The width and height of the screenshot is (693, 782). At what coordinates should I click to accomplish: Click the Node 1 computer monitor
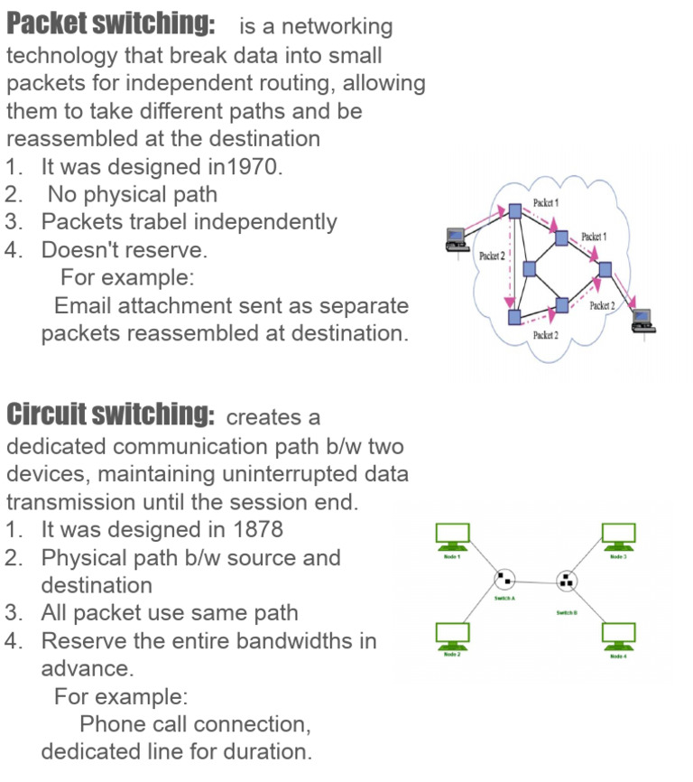[x=452, y=535]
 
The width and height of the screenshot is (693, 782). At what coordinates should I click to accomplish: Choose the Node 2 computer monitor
[x=452, y=633]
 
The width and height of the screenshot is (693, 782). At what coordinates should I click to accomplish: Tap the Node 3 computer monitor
[x=618, y=535]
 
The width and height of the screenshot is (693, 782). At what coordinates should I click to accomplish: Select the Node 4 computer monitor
[x=618, y=634]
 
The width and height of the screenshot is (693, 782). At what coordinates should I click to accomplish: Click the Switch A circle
[x=504, y=579]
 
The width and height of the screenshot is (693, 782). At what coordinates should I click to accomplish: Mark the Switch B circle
[x=566, y=580]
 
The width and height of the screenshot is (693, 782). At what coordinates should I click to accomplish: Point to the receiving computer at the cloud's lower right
[x=642, y=318]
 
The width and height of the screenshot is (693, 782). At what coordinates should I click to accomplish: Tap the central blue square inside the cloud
[x=530, y=268]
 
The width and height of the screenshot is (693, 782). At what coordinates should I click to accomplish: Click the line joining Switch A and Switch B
[x=534, y=580]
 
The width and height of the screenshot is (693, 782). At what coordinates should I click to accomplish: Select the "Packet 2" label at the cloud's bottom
[x=545, y=335]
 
